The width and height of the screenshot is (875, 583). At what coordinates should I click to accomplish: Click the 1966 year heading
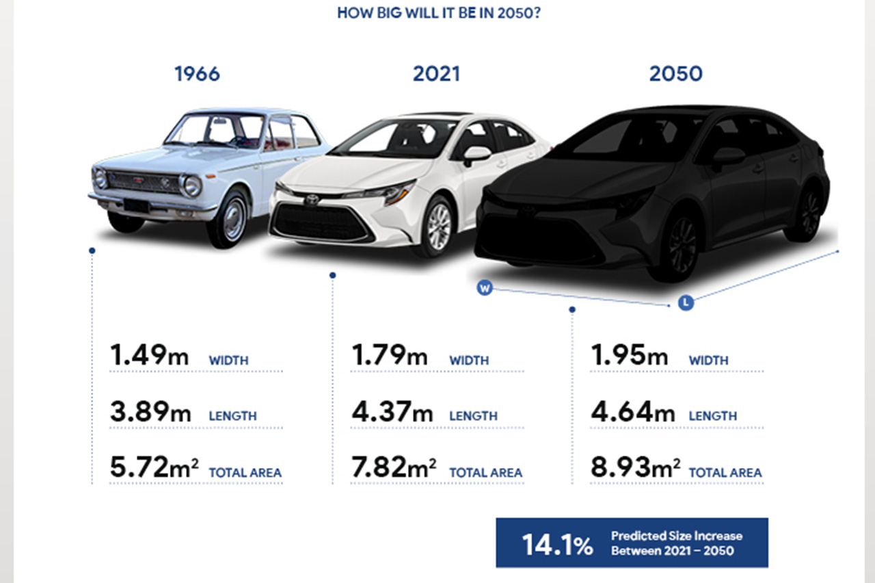197,74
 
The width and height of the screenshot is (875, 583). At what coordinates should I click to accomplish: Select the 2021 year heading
436,74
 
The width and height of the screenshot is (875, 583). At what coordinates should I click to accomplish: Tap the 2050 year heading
675,74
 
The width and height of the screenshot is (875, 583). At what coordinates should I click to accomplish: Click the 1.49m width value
149,356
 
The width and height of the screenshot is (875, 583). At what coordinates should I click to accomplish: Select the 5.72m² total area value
154,468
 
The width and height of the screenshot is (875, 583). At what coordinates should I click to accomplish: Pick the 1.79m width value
390,356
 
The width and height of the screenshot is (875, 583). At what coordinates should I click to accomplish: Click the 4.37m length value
392,412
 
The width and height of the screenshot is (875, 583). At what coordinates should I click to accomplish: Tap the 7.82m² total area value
394,468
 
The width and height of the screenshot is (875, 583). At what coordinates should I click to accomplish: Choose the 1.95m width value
630,356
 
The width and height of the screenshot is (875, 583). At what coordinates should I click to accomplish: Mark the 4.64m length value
632,412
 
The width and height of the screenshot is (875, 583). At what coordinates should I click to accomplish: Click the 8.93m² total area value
635,468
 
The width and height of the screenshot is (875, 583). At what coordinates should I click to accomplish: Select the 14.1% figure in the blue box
557,545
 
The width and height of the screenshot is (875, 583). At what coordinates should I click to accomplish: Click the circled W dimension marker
485,288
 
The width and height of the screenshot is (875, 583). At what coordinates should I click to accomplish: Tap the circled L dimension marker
686,302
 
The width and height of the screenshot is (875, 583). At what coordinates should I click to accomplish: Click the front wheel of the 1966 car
228,219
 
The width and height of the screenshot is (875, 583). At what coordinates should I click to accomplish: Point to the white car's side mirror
476,154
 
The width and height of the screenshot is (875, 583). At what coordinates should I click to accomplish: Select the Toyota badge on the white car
312,199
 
